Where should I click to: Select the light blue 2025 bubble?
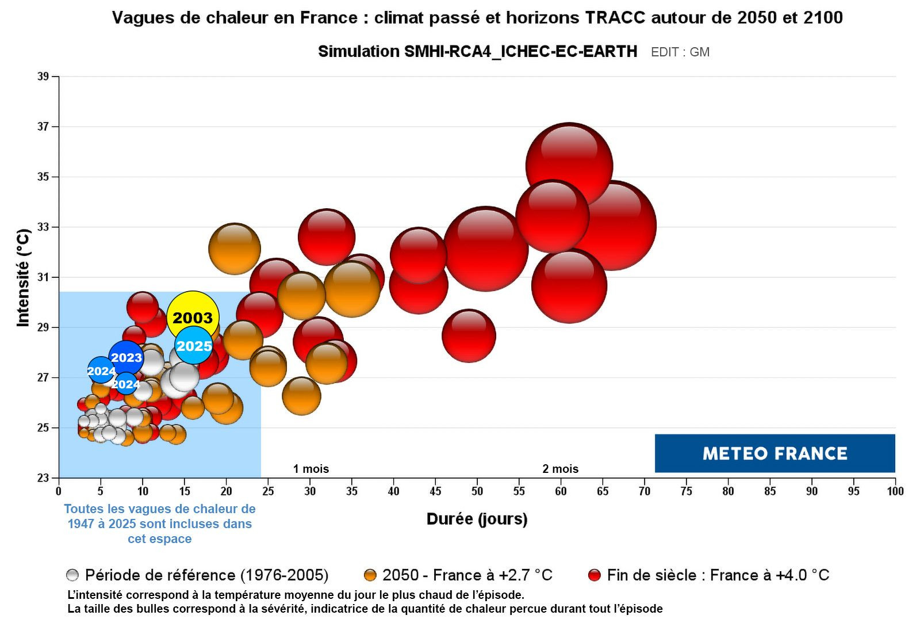[x=194, y=346]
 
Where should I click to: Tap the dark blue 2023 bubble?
[x=126, y=358]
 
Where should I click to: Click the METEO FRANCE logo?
[x=775, y=453]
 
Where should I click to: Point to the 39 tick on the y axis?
[x=43, y=77]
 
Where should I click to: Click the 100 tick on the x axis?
[x=895, y=491]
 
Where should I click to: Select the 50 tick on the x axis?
[x=477, y=491]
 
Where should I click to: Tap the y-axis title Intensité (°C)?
[x=22, y=278]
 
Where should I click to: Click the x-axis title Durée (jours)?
[x=477, y=519]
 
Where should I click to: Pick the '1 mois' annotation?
[x=311, y=469]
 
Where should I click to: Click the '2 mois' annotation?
[x=560, y=469]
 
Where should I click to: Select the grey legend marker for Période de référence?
[x=72, y=575]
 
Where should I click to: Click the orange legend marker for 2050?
[x=370, y=575]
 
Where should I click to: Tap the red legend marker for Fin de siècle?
[x=595, y=575]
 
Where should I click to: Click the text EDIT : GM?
[x=680, y=52]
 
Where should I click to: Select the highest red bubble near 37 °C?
[x=569, y=166]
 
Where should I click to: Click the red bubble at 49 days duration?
[x=469, y=336]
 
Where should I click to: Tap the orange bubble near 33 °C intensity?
[x=235, y=249]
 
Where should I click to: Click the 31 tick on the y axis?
[x=43, y=277]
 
